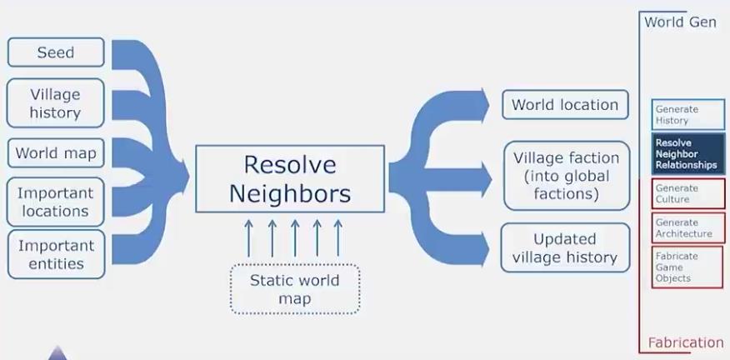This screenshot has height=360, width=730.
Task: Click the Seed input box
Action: [x=56, y=52]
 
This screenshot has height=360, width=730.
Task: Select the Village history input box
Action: [x=56, y=103]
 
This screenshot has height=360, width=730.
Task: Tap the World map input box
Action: [x=56, y=153]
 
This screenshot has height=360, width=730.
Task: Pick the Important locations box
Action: [x=56, y=202]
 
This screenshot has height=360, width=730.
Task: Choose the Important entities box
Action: [x=56, y=254]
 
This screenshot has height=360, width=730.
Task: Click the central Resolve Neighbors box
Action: [x=290, y=178]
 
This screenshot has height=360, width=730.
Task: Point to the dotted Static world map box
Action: [x=294, y=289]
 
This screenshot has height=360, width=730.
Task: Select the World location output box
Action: [x=565, y=105]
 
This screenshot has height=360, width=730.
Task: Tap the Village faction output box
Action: [x=566, y=176]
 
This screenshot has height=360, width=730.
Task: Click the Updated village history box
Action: [x=565, y=247]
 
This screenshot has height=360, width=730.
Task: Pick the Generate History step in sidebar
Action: [x=688, y=115]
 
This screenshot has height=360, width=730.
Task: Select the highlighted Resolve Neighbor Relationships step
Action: [x=688, y=154]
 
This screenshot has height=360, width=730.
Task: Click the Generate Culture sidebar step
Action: [x=688, y=194]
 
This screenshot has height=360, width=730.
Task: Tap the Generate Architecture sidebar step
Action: [x=688, y=228]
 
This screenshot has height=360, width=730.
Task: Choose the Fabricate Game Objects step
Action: [x=688, y=267]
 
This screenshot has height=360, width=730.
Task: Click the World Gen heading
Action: [x=680, y=22]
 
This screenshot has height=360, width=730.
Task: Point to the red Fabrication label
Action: [x=685, y=342]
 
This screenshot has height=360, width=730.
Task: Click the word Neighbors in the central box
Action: [x=290, y=194]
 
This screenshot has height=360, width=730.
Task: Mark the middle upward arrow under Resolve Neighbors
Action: [x=294, y=237]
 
